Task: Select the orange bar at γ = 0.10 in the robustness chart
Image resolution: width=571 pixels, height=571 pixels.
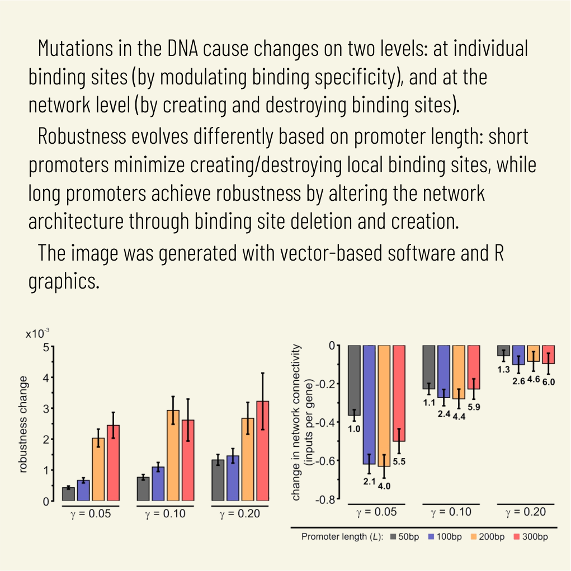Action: pyautogui.click(x=173, y=455)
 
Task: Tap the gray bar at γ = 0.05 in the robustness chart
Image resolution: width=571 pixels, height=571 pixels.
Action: pyautogui.click(x=68, y=494)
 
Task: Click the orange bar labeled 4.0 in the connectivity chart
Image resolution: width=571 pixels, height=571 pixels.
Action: pyautogui.click(x=384, y=405)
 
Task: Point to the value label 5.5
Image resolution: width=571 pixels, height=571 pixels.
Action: pyautogui.click(x=399, y=463)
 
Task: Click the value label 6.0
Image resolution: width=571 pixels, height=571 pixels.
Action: pyautogui.click(x=549, y=383)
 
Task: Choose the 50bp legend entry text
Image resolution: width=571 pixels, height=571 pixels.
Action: pyautogui.click(x=408, y=537)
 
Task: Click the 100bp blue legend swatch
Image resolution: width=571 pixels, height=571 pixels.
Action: pyautogui.click(x=431, y=537)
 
